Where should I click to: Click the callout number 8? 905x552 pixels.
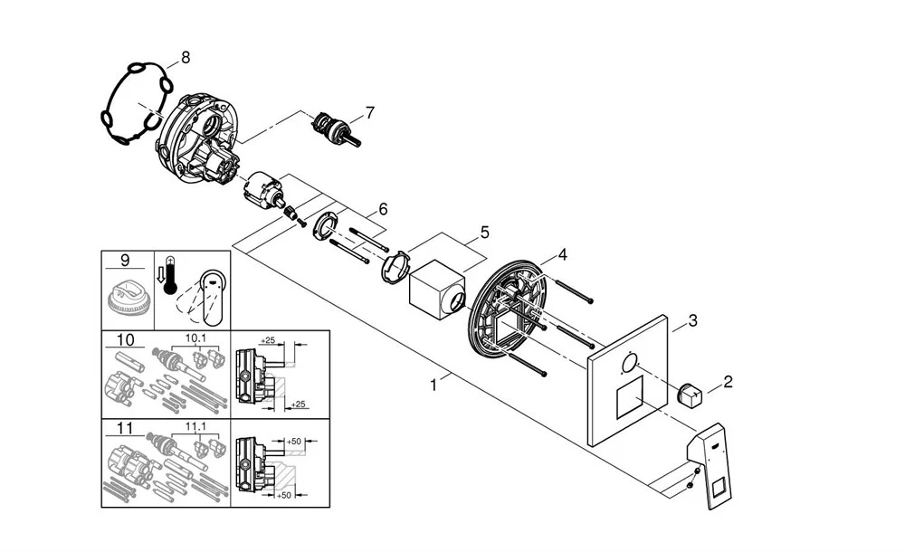coord(186,57)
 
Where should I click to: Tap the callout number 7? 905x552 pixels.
coord(368,113)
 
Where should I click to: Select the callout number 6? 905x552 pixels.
coord(383,209)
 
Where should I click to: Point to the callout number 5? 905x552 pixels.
coord(484,233)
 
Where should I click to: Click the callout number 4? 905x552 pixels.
coord(562,255)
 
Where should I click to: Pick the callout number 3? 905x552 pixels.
coord(692,319)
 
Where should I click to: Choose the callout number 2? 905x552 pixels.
coord(728,382)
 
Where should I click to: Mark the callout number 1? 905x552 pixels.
coord(434,385)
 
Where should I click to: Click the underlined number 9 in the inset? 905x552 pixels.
coord(125,261)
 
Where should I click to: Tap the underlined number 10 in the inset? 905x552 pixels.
coord(125,339)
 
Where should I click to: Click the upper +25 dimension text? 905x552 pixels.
coord(268,341)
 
